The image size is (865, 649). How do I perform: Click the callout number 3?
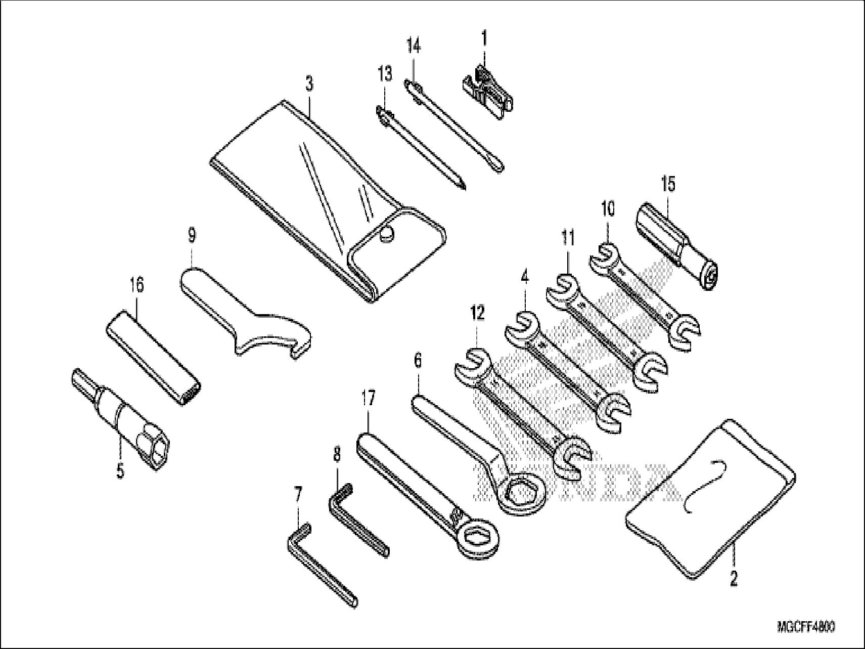[309, 84]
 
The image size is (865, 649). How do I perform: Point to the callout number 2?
[734, 578]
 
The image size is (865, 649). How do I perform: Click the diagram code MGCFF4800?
[806, 627]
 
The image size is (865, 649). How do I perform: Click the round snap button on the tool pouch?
[387, 232]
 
